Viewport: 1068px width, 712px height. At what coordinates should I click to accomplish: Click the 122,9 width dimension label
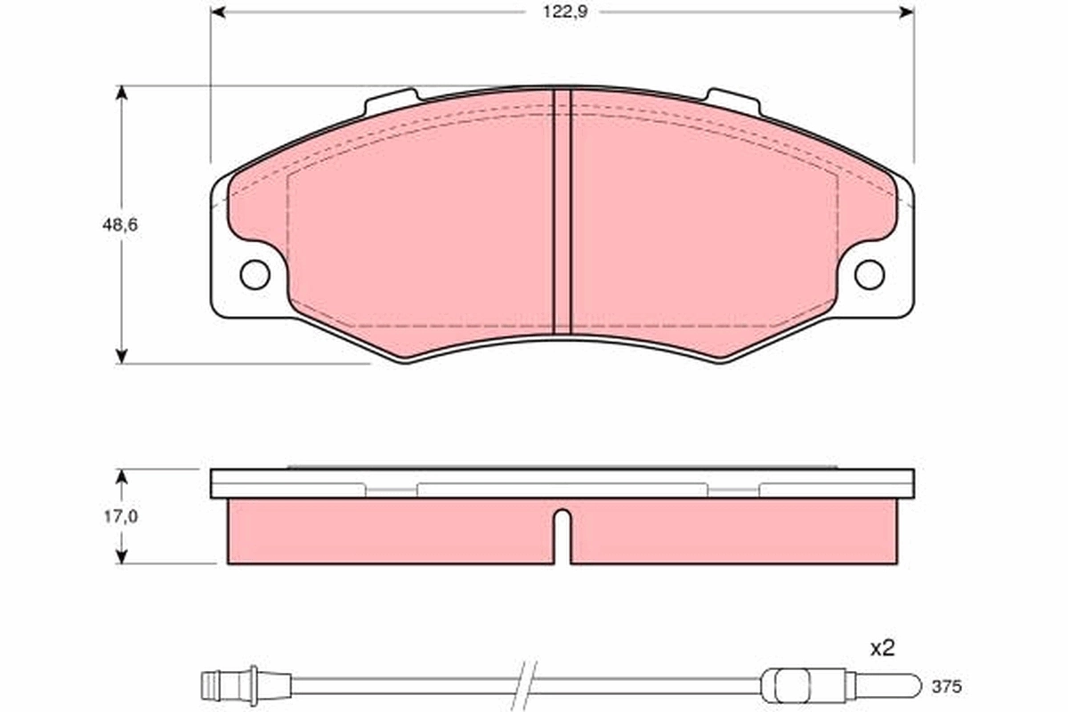click(562, 12)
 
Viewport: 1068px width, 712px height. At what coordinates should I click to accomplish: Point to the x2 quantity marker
click(881, 650)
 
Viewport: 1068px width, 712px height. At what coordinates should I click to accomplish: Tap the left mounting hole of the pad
click(255, 274)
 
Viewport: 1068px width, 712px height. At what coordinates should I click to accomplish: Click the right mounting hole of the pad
click(869, 274)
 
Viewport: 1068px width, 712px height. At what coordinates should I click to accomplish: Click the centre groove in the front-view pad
click(562, 212)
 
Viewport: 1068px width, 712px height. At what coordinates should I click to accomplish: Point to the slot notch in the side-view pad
click(562, 534)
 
